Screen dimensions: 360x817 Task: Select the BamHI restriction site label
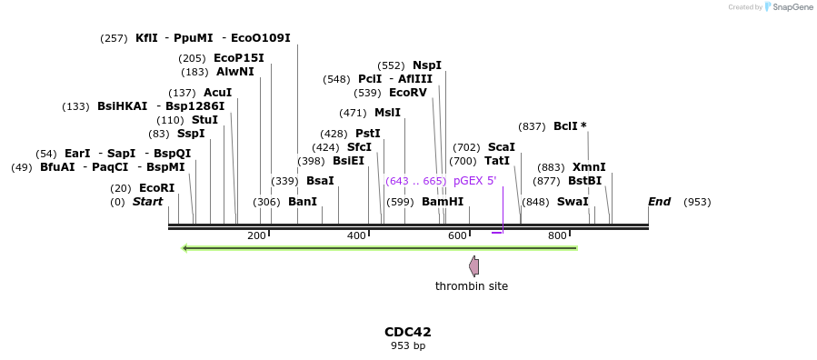[442, 202]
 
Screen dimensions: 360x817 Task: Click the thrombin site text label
[471, 286]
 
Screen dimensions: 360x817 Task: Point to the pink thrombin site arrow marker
[473, 265]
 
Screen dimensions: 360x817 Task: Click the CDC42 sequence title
[407, 332]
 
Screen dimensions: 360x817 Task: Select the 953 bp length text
[407, 345]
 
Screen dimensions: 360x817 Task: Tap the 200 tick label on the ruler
[256, 236]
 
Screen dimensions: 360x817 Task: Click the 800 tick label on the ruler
[557, 236]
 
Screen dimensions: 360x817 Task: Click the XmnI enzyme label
[588, 167]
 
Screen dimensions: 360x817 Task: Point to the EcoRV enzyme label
[407, 93]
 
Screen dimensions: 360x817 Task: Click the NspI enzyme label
[426, 65]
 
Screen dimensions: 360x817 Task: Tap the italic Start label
[147, 202]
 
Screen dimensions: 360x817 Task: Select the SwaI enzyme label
[572, 202]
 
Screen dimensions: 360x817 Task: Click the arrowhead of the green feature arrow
[186, 247]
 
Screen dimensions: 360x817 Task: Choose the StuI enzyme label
[204, 120]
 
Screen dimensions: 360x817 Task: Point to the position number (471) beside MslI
[353, 113]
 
